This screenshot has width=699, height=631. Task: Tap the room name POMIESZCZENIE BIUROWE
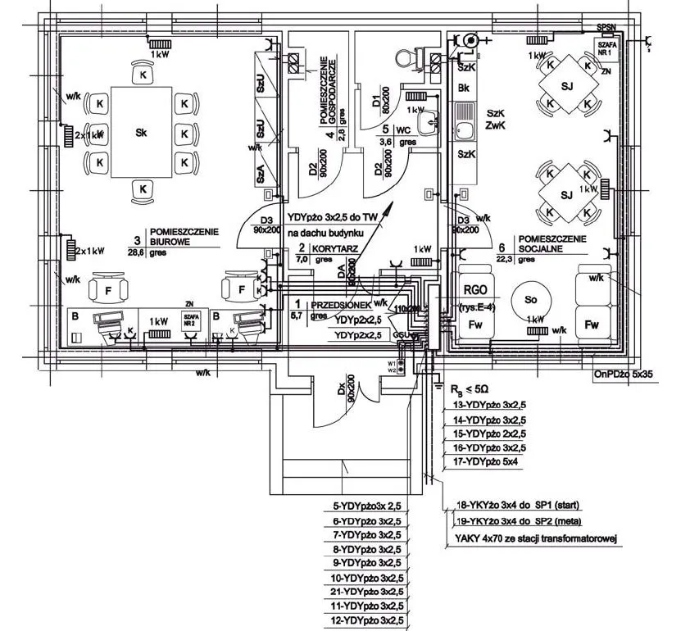pos(183,237)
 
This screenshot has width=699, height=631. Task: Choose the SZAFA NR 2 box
pos(192,320)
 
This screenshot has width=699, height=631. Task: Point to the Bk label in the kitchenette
pos(464,88)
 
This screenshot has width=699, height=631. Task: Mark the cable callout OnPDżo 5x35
pos(628,377)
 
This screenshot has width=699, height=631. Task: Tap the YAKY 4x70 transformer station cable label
pos(534,538)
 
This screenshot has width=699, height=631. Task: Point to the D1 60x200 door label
pos(381,100)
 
